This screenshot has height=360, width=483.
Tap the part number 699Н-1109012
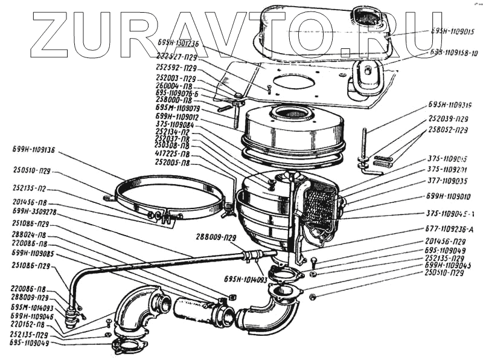pos(174,117)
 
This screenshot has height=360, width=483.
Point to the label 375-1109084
pos(174,124)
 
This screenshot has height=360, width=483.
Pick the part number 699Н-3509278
pos(34,212)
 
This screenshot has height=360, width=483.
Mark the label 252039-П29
pos(448,119)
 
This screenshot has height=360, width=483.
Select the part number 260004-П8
pos(176,86)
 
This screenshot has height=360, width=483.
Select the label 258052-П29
pos(448,130)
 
